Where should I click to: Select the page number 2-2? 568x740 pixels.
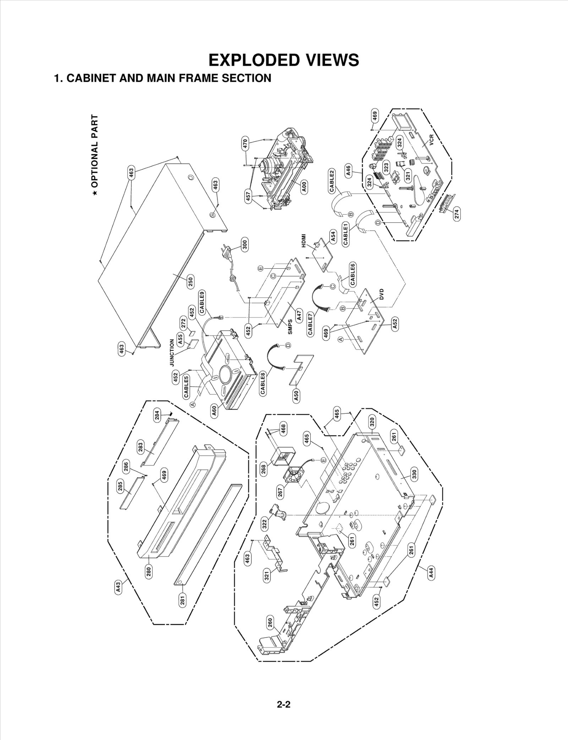point(284,695)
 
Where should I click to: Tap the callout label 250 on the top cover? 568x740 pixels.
point(190,282)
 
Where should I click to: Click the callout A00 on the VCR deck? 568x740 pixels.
point(304,186)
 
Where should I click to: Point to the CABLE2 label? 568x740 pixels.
point(332,181)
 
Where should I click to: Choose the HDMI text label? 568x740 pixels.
point(304,241)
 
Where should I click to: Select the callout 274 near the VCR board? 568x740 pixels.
point(457,214)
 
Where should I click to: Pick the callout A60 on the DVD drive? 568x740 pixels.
point(214,411)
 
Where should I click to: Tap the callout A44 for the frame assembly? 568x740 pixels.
point(431,573)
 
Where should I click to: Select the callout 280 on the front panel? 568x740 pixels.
point(149,571)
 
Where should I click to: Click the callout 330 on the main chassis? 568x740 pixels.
point(414,474)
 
